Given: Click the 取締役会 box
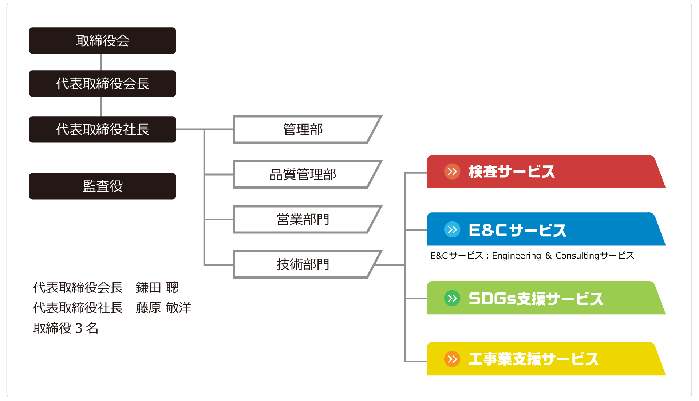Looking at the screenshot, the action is pyautogui.click(x=102, y=40).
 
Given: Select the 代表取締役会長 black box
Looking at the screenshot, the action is pyautogui.click(x=102, y=83).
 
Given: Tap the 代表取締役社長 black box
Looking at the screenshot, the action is pyautogui.click(x=102, y=129).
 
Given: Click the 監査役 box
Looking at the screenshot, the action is pyautogui.click(x=102, y=186).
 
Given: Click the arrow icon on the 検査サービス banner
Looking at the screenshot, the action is pyautogui.click(x=452, y=172).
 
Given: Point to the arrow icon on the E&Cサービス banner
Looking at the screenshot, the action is pyautogui.click(x=452, y=229).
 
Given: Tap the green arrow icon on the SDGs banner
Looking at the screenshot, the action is pyautogui.click(x=452, y=298).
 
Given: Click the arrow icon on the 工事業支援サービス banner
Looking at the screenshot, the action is pyautogui.click(x=452, y=359).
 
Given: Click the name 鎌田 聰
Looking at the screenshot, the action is pyautogui.click(x=157, y=287).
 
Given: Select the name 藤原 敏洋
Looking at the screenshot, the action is pyautogui.click(x=163, y=308).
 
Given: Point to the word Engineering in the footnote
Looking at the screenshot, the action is pyautogui.click(x=516, y=256).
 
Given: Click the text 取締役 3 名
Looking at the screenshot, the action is pyautogui.click(x=66, y=328).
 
